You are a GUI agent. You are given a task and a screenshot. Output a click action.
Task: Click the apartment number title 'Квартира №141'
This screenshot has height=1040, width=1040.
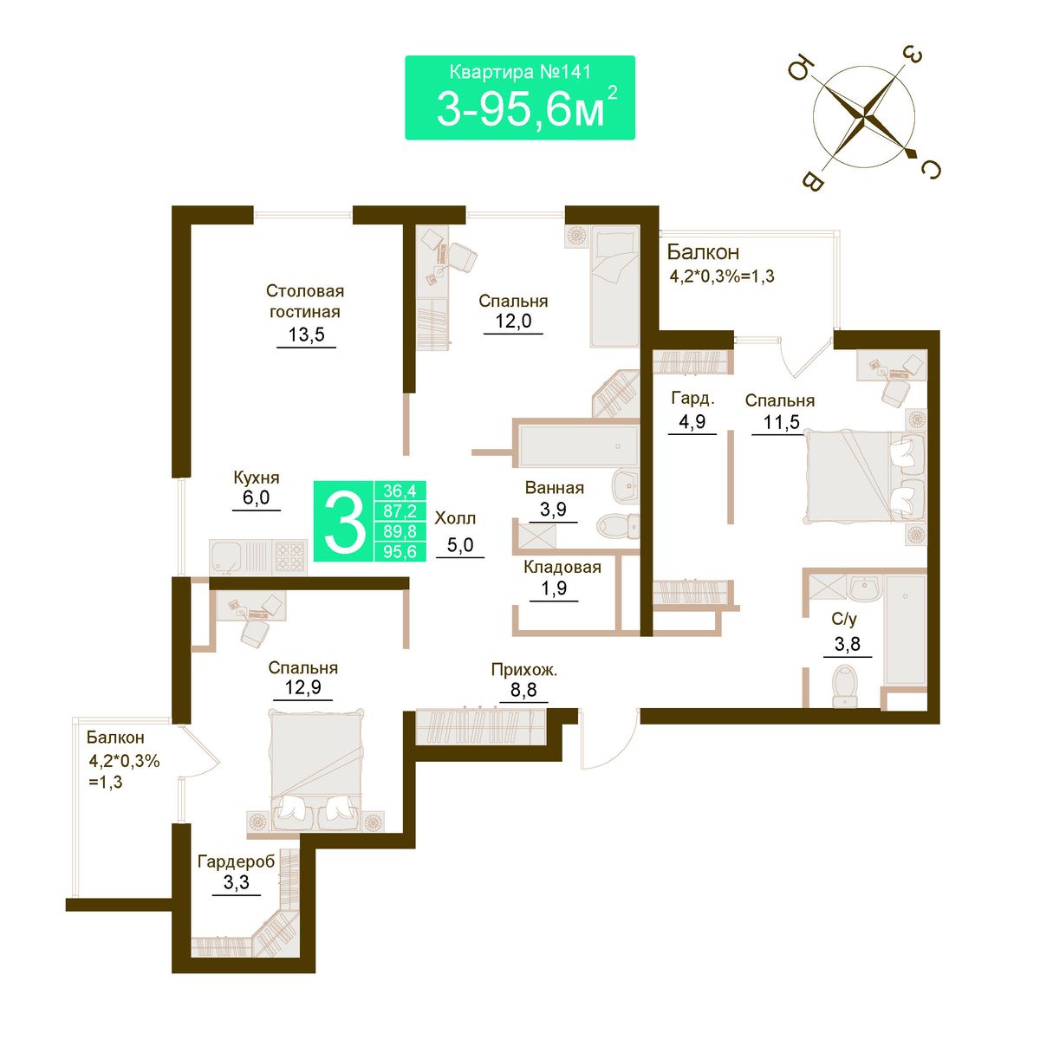pos(520,73)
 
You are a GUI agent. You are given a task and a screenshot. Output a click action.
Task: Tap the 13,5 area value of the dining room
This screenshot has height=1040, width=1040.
pos(306,335)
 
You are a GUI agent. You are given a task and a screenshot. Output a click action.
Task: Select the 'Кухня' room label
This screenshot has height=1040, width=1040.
pos(257,478)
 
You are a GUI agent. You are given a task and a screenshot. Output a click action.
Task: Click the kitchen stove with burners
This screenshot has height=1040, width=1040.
pos(290,557)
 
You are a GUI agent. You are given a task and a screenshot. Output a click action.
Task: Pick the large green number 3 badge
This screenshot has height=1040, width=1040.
pos(344,522)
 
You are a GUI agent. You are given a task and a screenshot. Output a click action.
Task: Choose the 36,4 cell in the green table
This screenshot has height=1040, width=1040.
pos(400,491)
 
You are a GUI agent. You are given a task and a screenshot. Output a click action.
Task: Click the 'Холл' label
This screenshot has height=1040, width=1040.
pos(455,518)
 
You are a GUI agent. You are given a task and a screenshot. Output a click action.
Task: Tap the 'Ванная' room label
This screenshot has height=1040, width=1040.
pos(555,488)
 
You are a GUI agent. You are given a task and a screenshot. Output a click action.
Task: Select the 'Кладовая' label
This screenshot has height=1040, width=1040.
pos(562,567)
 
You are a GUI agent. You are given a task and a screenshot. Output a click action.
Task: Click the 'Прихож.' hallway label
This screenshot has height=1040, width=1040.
pos(524,670)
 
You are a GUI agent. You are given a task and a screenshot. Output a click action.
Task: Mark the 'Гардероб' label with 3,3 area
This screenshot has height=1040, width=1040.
pos(236,861)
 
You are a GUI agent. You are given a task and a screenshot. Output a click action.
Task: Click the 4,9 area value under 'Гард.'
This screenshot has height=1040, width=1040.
pos(692,421)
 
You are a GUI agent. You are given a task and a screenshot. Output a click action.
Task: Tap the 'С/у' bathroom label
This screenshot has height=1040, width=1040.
pos(843,619)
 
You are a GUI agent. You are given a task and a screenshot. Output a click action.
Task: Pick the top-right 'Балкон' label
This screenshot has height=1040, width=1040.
pos(703,252)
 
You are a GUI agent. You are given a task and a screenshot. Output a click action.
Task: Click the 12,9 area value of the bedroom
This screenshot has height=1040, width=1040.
pos(302,687)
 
